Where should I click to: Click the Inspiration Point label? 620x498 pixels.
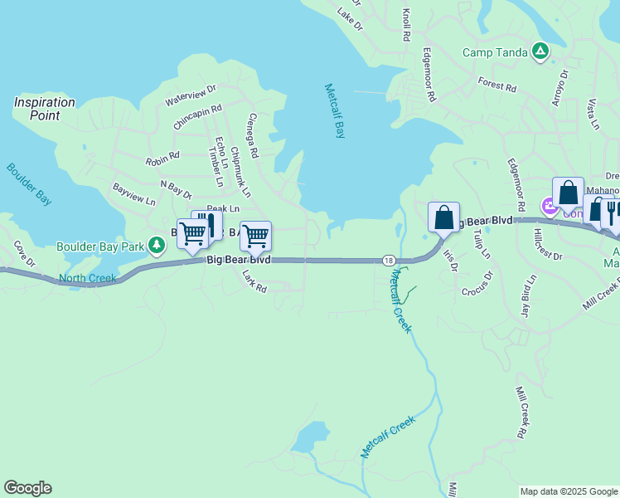pyautogui.click(x=44, y=109)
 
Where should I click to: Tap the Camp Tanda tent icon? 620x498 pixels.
pyautogui.click(x=540, y=51)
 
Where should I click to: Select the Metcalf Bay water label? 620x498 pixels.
pyautogui.click(x=334, y=110)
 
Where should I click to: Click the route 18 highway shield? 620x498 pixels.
pyautogui.click(x=388, y=260)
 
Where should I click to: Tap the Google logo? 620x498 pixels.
pyautogui.click(x=27, y=488)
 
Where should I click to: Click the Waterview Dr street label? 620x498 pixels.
pyautogui.click(x=191, y=94)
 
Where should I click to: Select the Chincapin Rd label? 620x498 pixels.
pyautogui.click(x=198, y=115)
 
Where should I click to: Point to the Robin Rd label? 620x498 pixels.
pyautogui.click(x=162, y=156)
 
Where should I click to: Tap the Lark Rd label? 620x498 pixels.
pyautogui.click(x=254, y=284)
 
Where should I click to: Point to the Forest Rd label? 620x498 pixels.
pyautogui.click(x=497, y=84)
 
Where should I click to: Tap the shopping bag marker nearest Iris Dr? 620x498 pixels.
pyautogui.click(x=443, y=217)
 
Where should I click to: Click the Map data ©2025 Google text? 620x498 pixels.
pyautogui.click(x=569, y=491)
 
